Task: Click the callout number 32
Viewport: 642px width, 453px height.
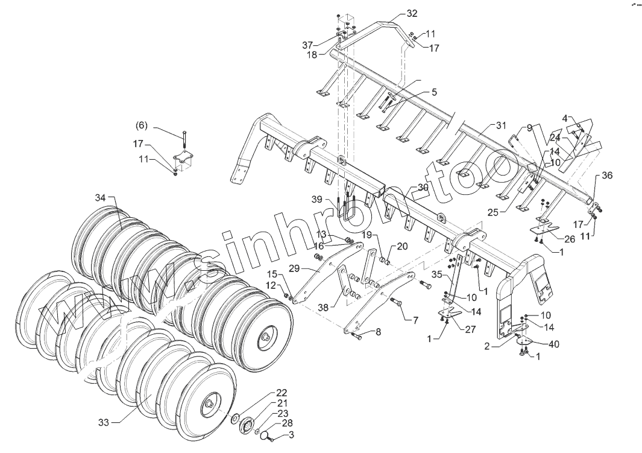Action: (x=412, y=13)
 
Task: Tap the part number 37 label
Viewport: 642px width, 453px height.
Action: (x=307, y=45)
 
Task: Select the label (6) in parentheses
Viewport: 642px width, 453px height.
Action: (x=141, y=125)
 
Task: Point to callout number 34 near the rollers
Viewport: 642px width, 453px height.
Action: (x=100, y=198)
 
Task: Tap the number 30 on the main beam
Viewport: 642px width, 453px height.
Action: (x=423, y=188)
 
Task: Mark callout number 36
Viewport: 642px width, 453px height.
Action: (x=607, y=176)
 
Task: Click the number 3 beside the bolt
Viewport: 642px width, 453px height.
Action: (x=291, y=434)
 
